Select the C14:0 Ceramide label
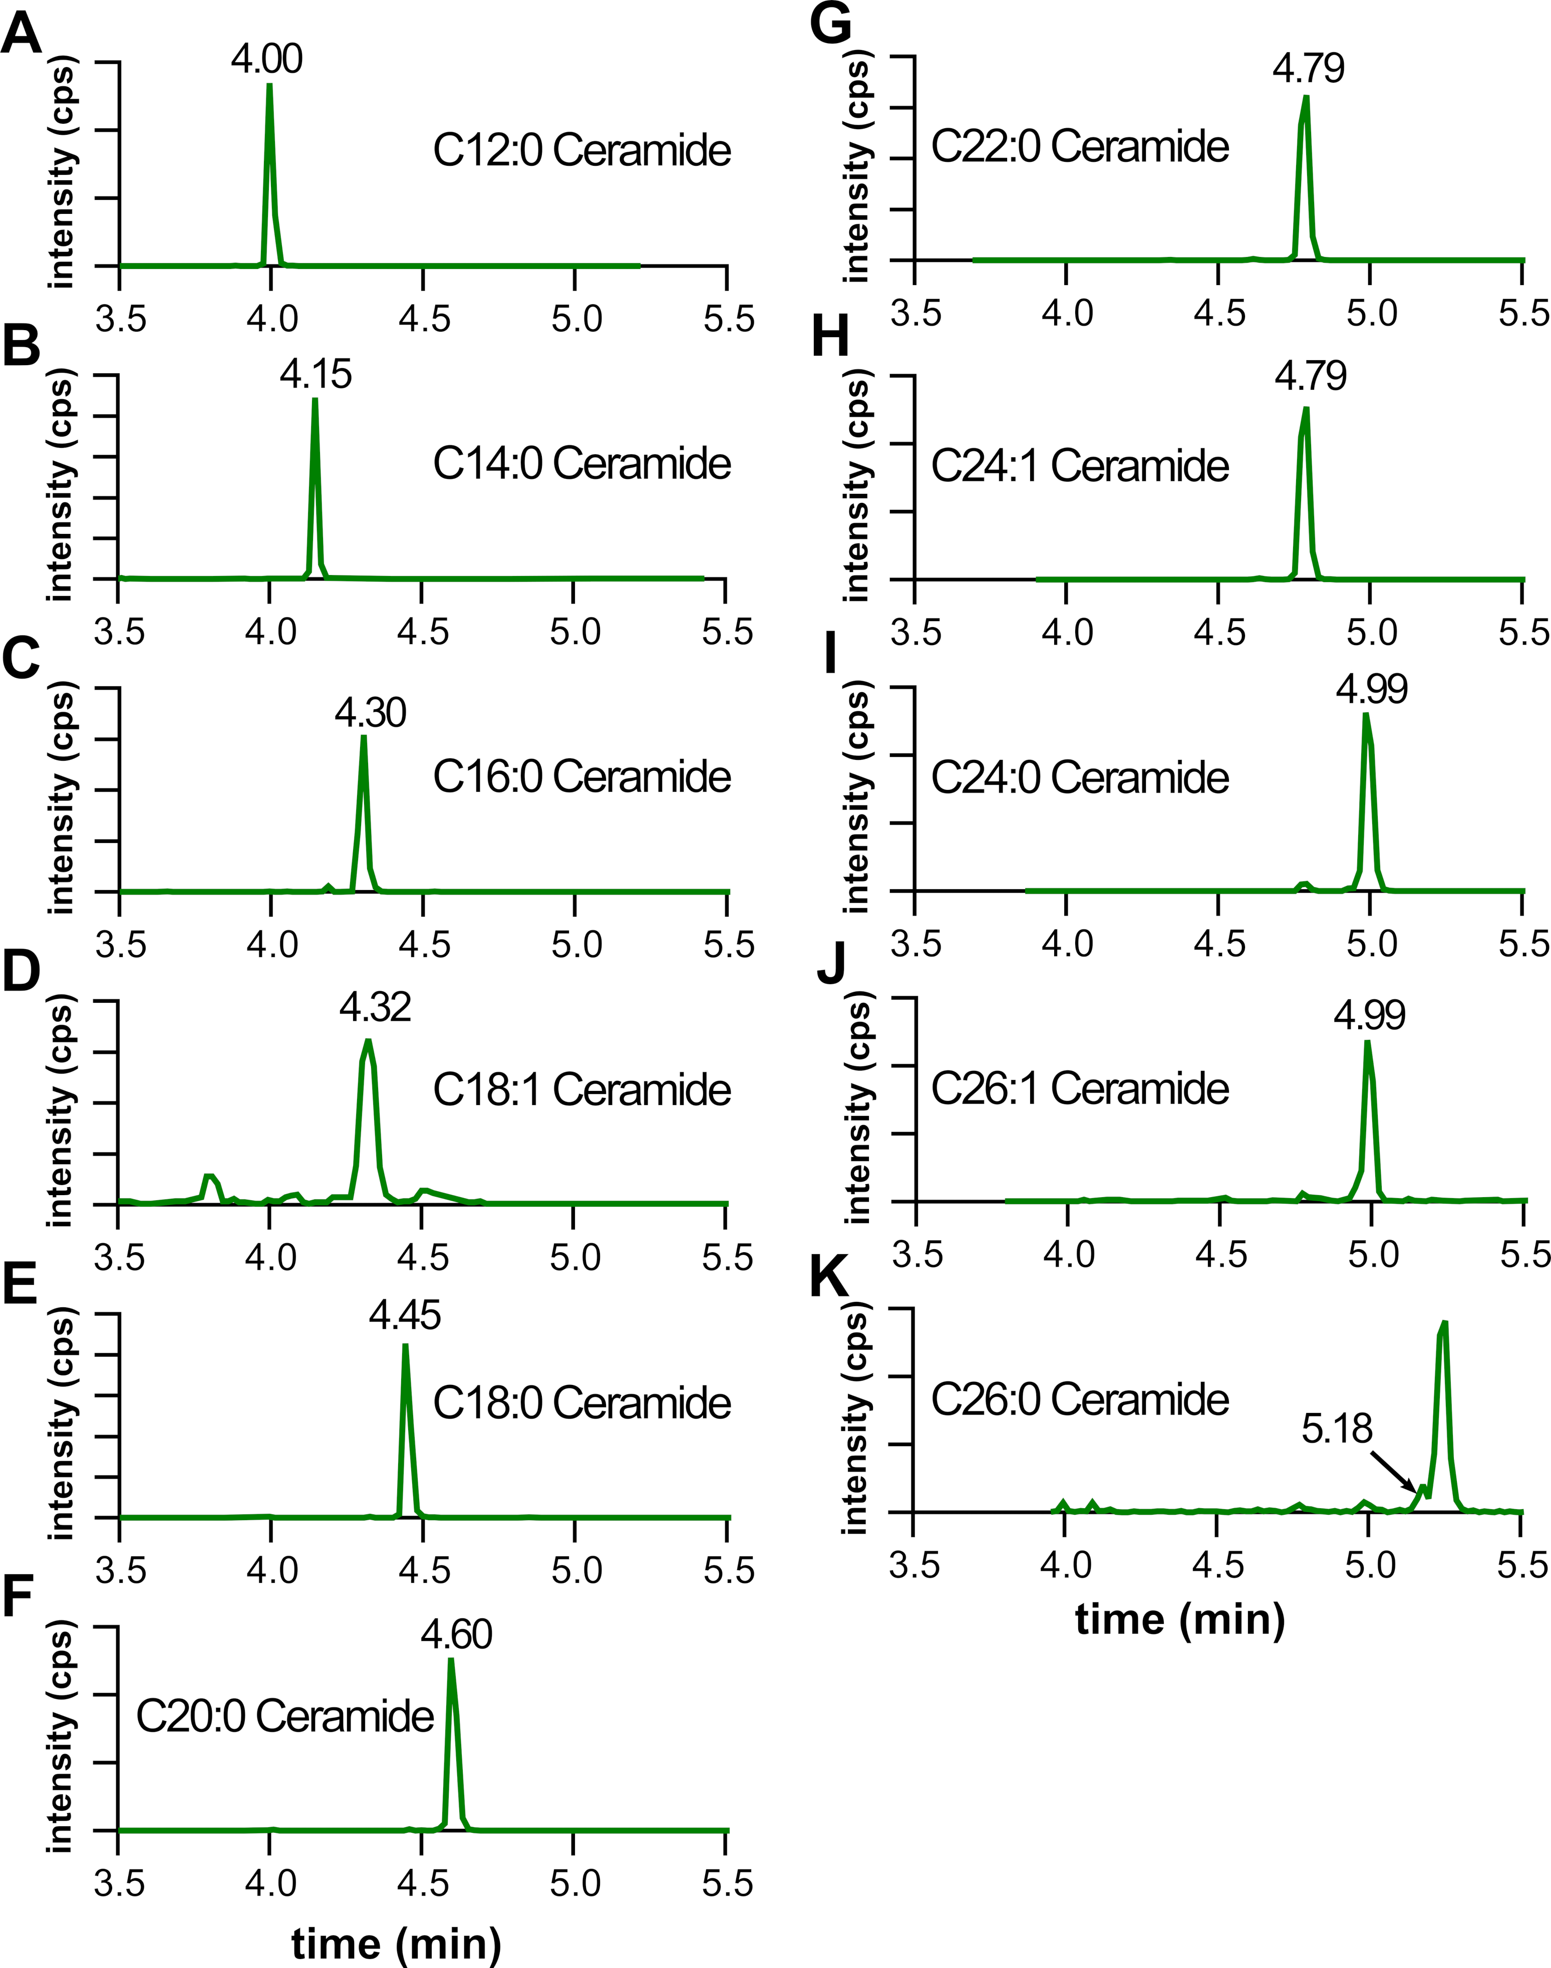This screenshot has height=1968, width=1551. point(581,464)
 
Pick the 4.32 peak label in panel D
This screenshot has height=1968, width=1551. point(375,1007)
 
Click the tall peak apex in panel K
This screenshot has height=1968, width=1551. point(1443,1324)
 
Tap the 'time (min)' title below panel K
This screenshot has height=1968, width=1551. point(1179,1618)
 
